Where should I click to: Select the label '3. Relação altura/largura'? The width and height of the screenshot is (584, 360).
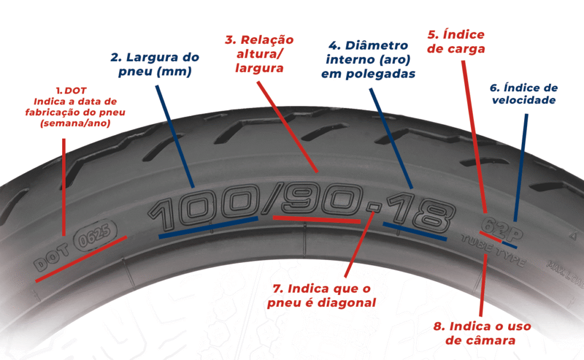pyautogui.click(x=259, y=54)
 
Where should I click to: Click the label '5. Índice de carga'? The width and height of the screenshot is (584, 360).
pyautogui.click(x=456, y=41)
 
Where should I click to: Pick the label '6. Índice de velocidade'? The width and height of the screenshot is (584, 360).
pyautogui.click(x=524, y=94)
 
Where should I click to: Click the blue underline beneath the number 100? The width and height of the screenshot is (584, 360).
pyautogui.click(x=208, y=227)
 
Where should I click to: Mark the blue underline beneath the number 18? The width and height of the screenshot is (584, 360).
pyautogui.click(x=415, y=230)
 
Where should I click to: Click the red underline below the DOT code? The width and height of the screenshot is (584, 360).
pyautogui.click(x=80, y=259)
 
